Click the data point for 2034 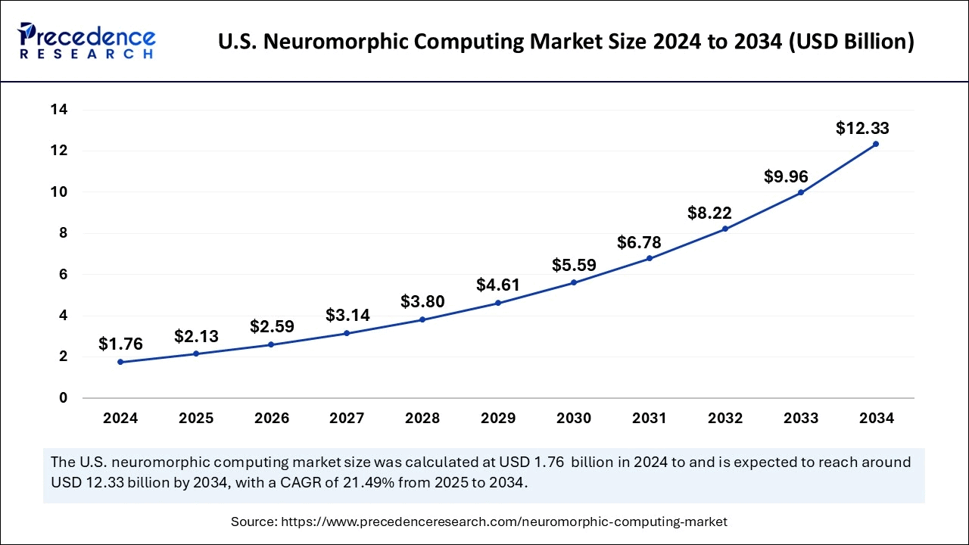point(876,144)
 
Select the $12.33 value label point(862,128)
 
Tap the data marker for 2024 point(120,362)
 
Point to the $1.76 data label point(120,344)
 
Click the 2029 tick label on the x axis point(498,418)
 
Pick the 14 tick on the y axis point(59,110)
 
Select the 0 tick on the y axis point(64,397)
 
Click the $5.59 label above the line point(574,265)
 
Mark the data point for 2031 point(650,258)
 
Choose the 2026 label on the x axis point(272,418)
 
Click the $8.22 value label point(709,213)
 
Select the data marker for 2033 point(801,192)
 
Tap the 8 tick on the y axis point(64,233)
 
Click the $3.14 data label point(347,315)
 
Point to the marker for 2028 point(422,319)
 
